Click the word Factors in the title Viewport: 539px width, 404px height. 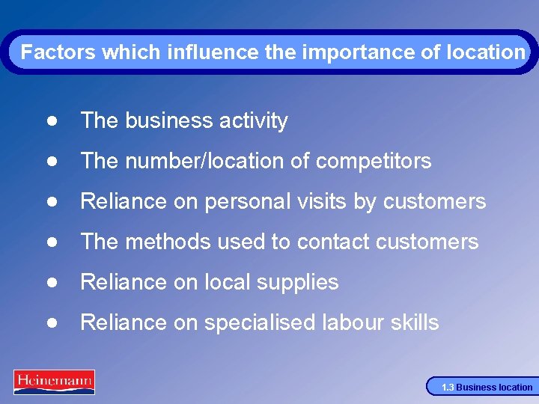58,52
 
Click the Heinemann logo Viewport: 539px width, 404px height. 54,382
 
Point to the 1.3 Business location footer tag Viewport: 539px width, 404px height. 485,387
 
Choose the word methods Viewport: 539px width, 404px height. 164,242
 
